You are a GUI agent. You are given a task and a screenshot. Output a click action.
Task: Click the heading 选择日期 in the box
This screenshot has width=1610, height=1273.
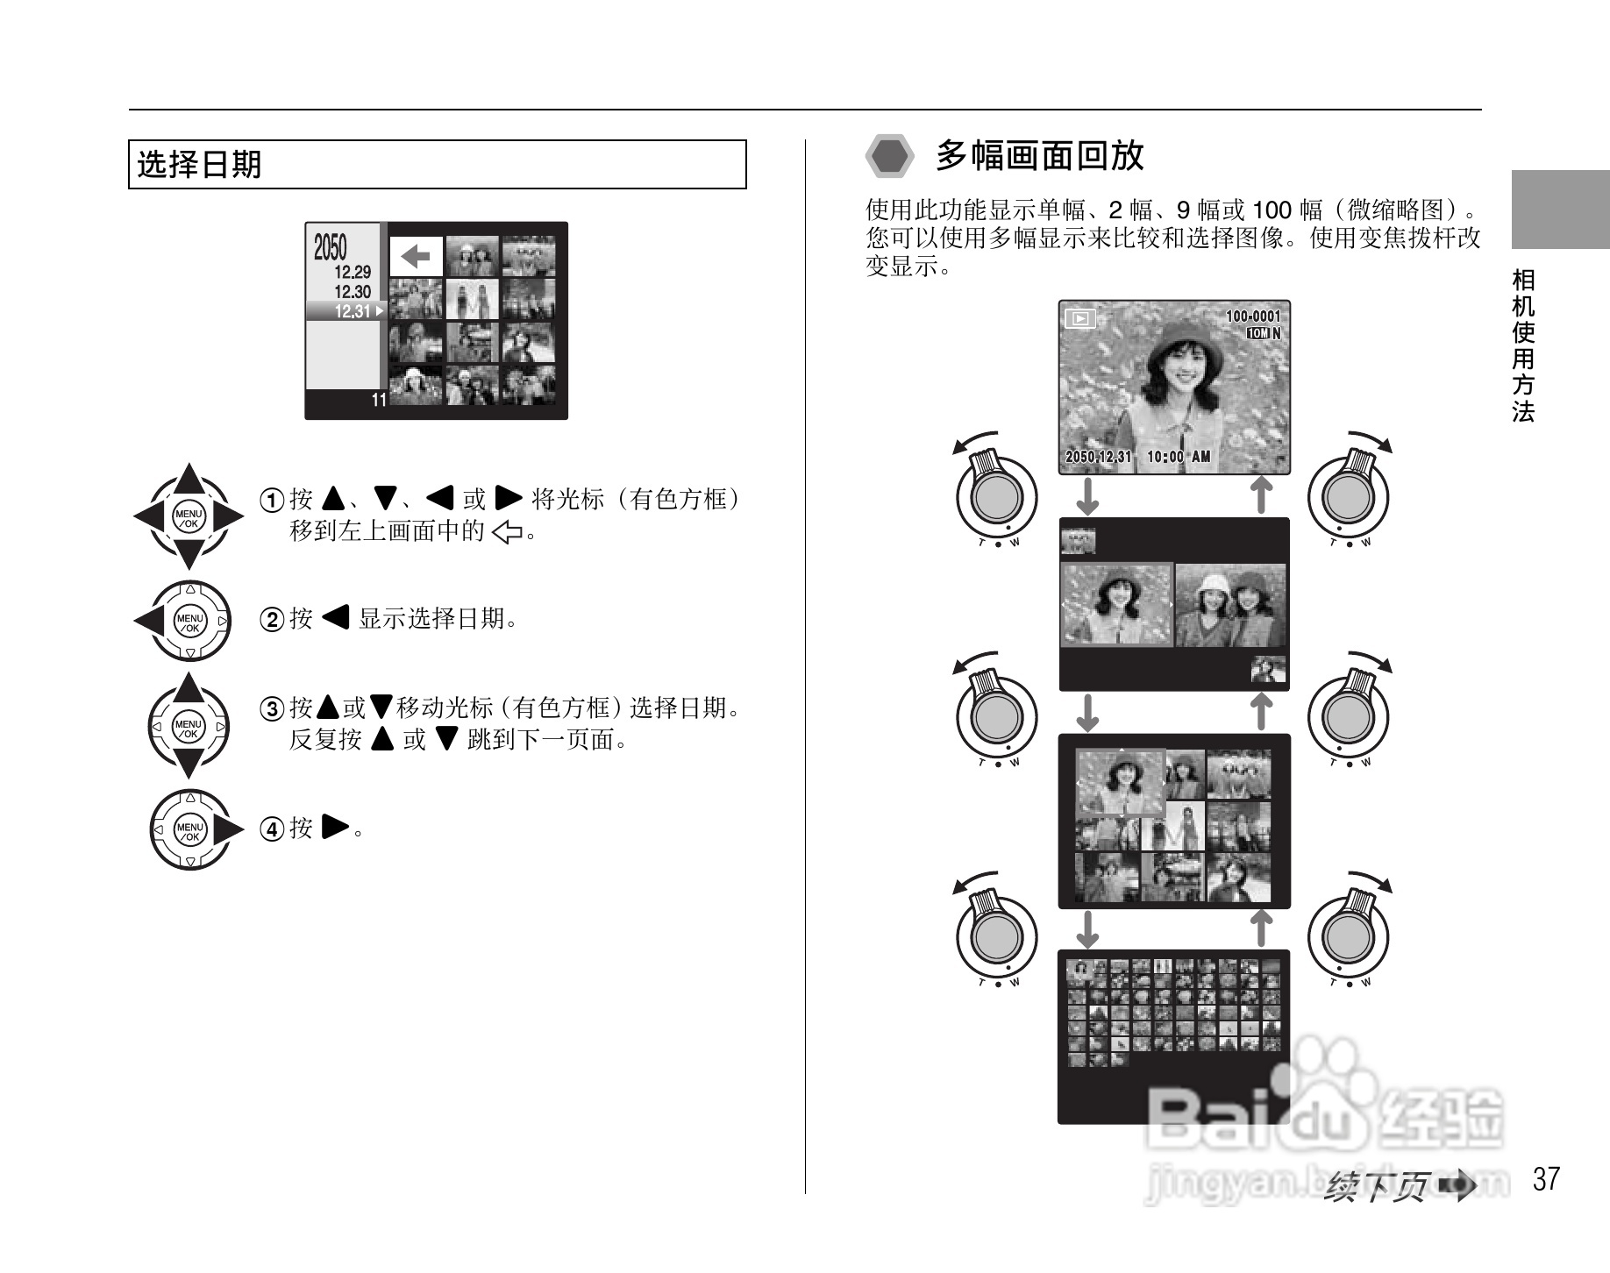click(x=200, y=165)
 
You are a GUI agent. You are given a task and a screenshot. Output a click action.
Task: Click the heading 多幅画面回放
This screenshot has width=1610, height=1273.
click(x=1039, y=156)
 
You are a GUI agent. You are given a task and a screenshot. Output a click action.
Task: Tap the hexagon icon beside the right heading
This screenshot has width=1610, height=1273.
click(x=891, y=156)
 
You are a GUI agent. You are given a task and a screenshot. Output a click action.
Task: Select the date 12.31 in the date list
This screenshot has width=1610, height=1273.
click(x=353, y=311)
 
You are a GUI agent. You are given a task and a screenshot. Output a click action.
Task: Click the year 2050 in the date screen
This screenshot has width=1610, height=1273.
click(x=331, y=248)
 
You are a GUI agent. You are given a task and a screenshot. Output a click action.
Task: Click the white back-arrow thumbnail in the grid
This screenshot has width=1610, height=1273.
click(x=416, y=257)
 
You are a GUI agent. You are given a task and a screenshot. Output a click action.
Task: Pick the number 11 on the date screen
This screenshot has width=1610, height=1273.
click(x=379, y=401)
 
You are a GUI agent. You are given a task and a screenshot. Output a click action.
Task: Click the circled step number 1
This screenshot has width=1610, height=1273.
click(x=272, y=501)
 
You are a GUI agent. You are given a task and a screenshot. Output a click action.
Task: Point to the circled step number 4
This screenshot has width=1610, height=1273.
click(x=272, y=829)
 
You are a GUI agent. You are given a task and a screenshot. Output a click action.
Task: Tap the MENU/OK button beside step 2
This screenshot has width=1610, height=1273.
click(x=190, y=622)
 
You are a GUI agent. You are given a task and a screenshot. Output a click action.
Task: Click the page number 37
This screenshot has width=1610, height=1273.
click(x=1547, y=1179)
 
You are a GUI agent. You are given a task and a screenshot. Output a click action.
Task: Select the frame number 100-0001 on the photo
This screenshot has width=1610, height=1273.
click(x=1252, y=316)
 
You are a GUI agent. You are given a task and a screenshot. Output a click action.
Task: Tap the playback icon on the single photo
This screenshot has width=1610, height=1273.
click(x=1080, y=319)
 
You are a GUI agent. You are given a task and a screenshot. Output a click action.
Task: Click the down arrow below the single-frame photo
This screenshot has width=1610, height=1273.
click(x=1087, y=496)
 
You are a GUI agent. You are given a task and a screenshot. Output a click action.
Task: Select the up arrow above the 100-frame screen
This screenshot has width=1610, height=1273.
click(x=1260, y=928)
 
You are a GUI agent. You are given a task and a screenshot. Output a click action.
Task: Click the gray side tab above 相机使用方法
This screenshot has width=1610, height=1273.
click(x=1560, y=210)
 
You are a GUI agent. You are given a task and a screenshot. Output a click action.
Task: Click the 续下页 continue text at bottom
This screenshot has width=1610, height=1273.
click(x=1378, y=1187)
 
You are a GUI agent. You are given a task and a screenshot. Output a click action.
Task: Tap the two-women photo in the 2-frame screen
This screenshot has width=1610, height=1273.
click(x=1230, y=605)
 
